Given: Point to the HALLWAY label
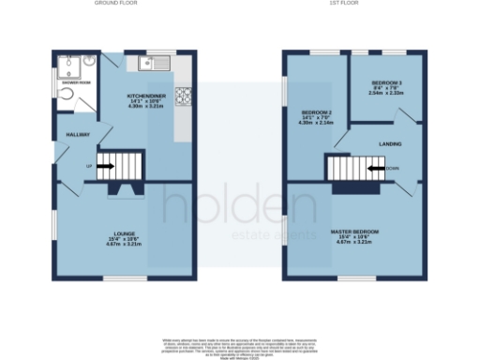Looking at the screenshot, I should (x=77, y=135).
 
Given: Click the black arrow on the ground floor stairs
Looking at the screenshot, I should (x=104, y=167).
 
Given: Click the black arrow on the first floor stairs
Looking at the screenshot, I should (x=375, y=169).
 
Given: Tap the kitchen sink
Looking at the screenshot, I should (x=153, y=64).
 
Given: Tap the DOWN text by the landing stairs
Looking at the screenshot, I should (x=391, y=169).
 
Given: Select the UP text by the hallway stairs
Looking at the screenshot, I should (x=90, y=167).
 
